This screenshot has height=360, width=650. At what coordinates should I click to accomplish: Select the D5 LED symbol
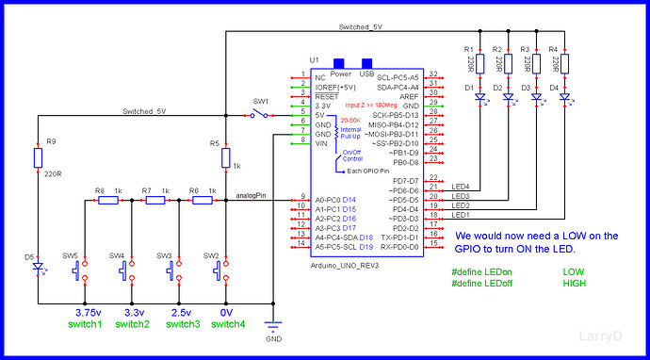pyautogui.click(x=38, y=267)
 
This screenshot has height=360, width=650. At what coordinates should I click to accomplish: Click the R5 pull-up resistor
pyautogui.click(x=225, y=161)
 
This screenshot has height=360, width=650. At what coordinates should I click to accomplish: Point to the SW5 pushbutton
pyautogui.click(x=84, y=270)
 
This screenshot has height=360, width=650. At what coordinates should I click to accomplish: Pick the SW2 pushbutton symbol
pyautogui.click(x=225, y=270)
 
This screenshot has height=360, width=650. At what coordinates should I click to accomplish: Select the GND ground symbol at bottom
pyautogui.click(x=274, y=327)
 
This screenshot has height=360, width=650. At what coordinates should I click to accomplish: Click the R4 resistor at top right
pyautogui.click(x=564, y=62)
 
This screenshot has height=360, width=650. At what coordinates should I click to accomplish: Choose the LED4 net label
pyautogui.click(x=462, y=187)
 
